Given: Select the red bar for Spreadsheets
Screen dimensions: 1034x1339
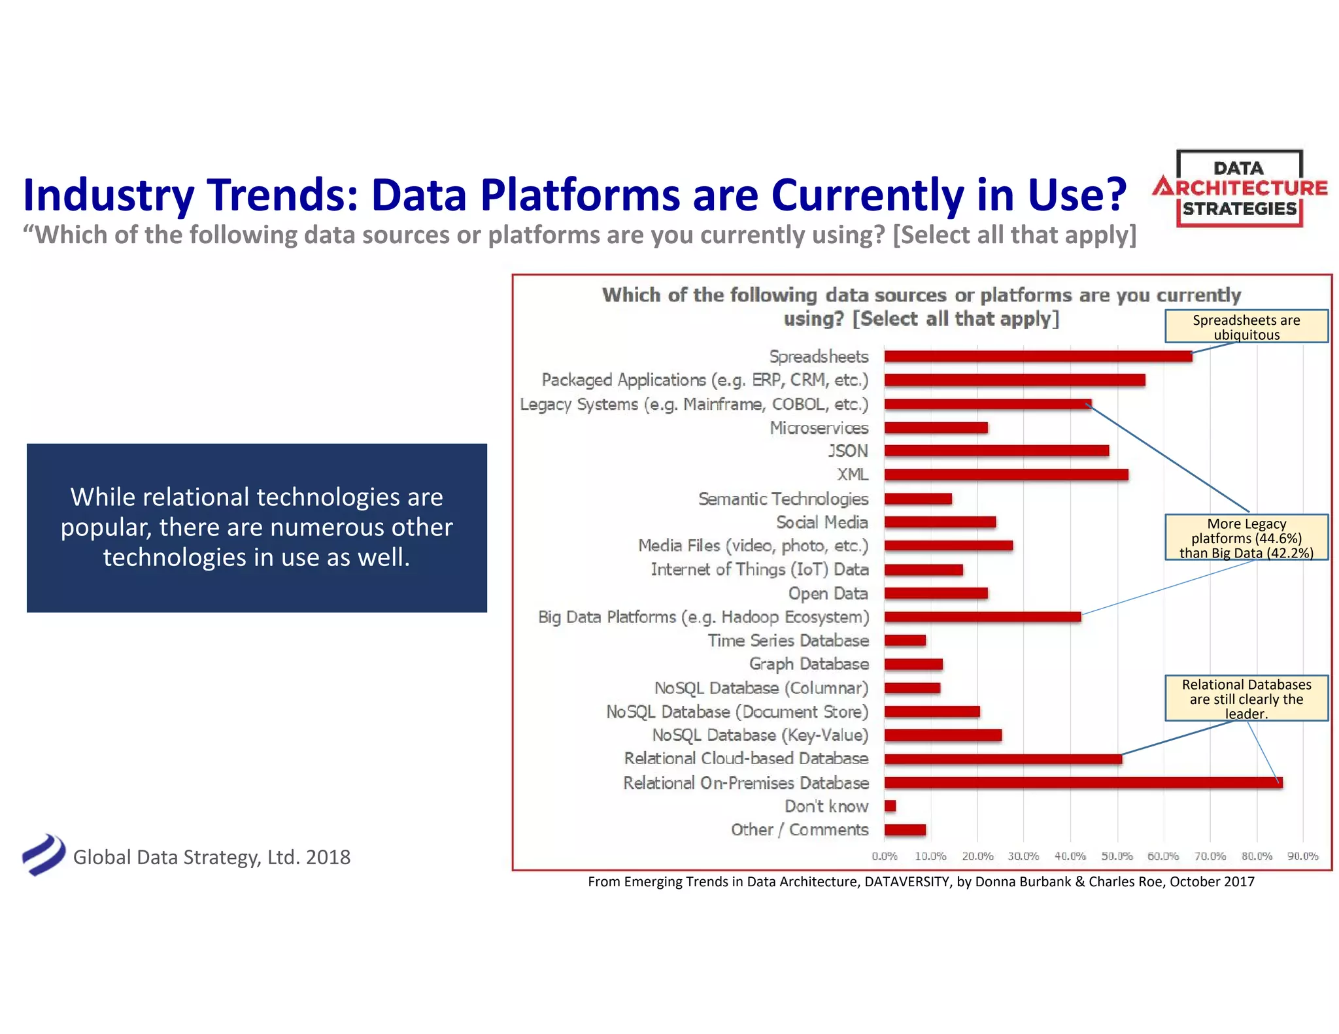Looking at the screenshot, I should coord(1038,356).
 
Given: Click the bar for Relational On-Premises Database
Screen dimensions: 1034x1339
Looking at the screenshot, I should coord(1083,782).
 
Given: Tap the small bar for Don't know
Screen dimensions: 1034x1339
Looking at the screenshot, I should coord(890,806).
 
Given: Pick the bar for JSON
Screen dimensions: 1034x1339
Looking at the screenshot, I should coord(996,451).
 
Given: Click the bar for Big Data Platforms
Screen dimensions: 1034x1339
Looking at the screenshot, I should coord(982,616).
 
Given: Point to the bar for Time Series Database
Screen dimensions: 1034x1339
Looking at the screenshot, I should coord(905,641).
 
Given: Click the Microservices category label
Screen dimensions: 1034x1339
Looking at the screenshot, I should coord(819,427).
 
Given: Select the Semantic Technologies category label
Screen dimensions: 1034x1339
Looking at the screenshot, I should coord(783,499).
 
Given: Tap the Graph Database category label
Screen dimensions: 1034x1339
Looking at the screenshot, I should coord(809,664).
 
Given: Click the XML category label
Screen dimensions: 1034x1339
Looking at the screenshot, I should coord(853,475).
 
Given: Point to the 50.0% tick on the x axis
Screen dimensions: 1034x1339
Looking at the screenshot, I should coord(1117,856).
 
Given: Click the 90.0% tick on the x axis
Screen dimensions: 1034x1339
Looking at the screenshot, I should coord(1302,856).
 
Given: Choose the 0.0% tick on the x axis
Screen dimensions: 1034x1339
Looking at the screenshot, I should coord(885,856).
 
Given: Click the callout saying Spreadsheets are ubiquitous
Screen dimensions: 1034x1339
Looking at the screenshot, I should coord(1246,327).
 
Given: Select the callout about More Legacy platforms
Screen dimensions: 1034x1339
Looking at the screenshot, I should coord(1246,537).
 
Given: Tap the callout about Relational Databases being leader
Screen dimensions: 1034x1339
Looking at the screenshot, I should coord(1246,698).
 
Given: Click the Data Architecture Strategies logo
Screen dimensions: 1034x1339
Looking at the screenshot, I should coord(1240,189).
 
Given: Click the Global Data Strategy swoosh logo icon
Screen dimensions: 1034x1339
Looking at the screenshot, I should coord(44,854).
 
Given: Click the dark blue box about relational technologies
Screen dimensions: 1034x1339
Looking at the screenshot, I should coord(256,527).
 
